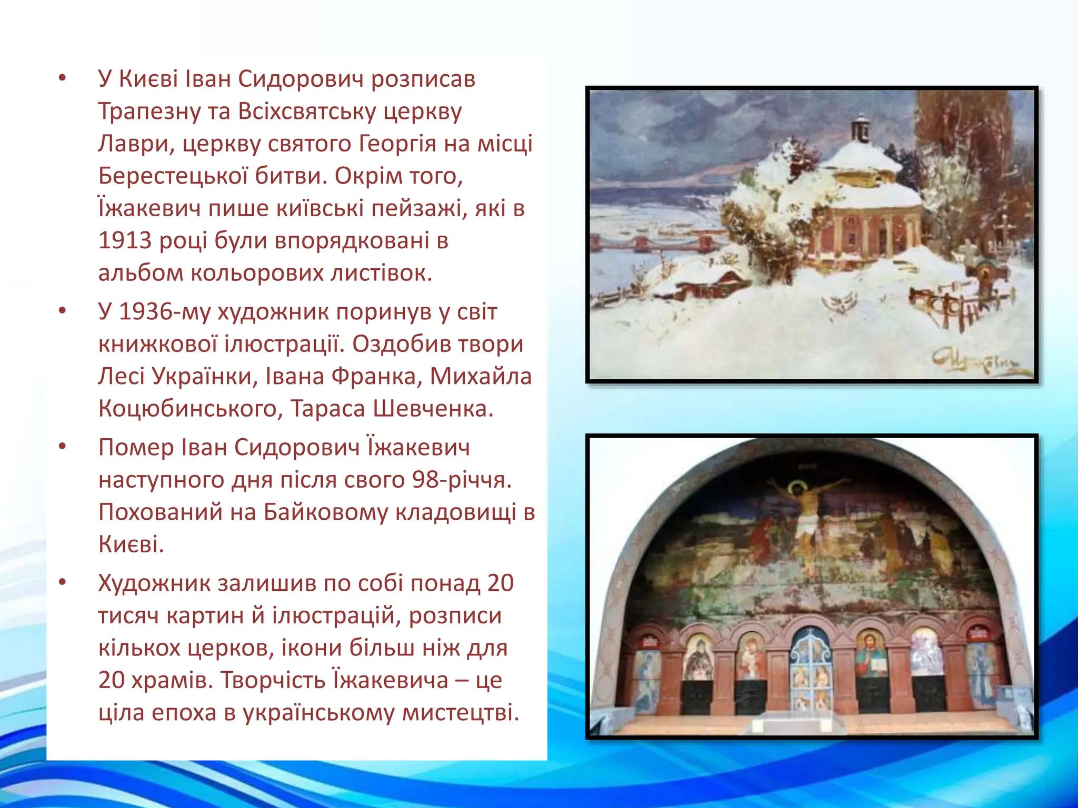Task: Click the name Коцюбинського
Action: (187, 409)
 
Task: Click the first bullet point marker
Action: (63, 79)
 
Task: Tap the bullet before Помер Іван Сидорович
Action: (63, 447)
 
